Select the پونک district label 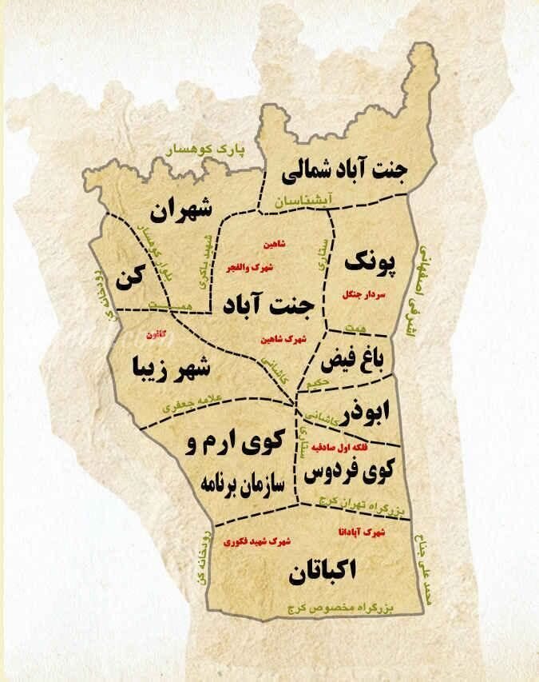(370, 261)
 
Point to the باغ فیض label (351, 359)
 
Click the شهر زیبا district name (172, 368)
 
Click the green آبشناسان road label (299, 202)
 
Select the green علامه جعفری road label (196, 400)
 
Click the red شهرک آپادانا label (362, 532)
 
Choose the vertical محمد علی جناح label (422, 572)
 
